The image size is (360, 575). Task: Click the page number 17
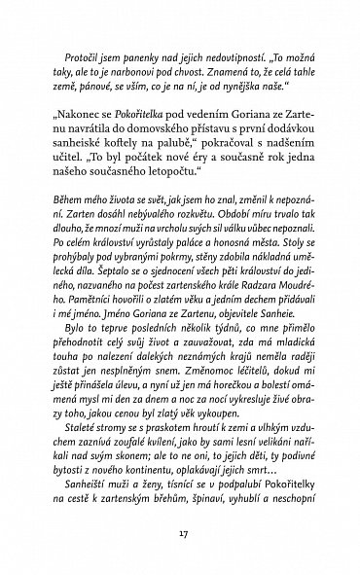click(180, 532)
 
